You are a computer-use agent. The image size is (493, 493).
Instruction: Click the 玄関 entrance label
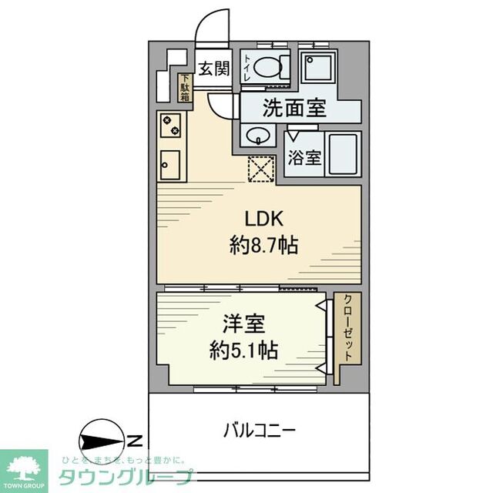214,69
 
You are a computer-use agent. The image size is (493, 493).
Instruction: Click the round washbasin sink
257,136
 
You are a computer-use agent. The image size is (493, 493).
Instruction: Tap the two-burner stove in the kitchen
169,124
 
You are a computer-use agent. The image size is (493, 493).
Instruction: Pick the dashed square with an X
260,167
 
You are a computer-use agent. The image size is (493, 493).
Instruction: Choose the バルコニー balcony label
260,430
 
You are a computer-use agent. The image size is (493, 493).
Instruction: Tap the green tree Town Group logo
23,466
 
